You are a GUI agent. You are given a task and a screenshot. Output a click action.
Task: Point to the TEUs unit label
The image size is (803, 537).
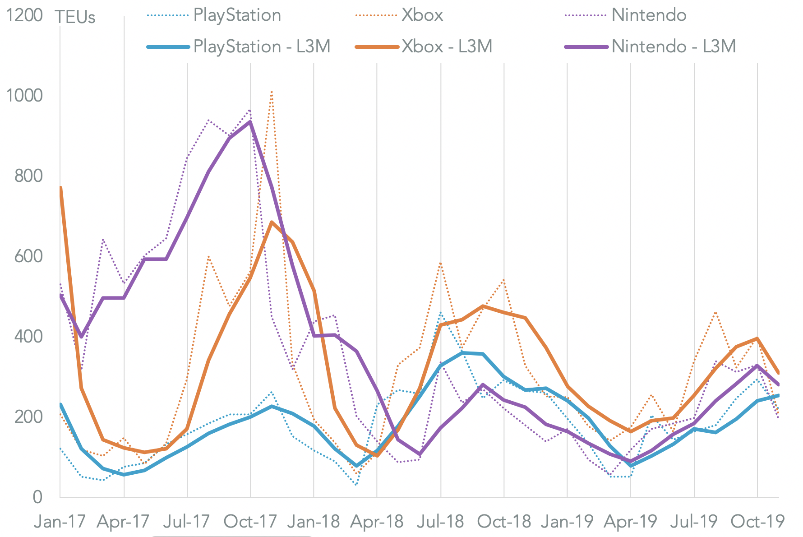click(x=75, y=17)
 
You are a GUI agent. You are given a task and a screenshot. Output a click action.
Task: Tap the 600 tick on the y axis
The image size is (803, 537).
click(x=28, y=256)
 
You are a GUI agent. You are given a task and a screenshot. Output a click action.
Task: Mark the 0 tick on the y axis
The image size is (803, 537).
click(x=37, y=497)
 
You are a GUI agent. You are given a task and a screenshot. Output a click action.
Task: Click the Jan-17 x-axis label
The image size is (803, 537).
click(x=60, y=522)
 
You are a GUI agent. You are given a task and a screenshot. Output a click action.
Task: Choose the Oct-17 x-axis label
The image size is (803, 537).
click(x=250, y=522)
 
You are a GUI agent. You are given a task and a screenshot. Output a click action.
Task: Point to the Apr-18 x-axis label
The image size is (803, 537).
click(x=377, y=522)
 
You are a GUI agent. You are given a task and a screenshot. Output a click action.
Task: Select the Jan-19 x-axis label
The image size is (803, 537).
click(x=567, y=522)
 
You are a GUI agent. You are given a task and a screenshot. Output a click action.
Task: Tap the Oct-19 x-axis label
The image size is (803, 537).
click(x=757, y=522)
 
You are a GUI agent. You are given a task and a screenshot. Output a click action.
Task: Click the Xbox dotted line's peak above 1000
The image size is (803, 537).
click(x=272, y=92)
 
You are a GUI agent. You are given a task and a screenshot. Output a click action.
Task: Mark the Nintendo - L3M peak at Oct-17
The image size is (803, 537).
click(x=250, y=121)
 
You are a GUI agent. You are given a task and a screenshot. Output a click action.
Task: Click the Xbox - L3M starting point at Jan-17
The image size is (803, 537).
click(x=60, y=188)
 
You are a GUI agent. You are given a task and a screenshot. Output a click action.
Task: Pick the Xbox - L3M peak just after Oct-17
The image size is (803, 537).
click(x=272, y=222)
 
